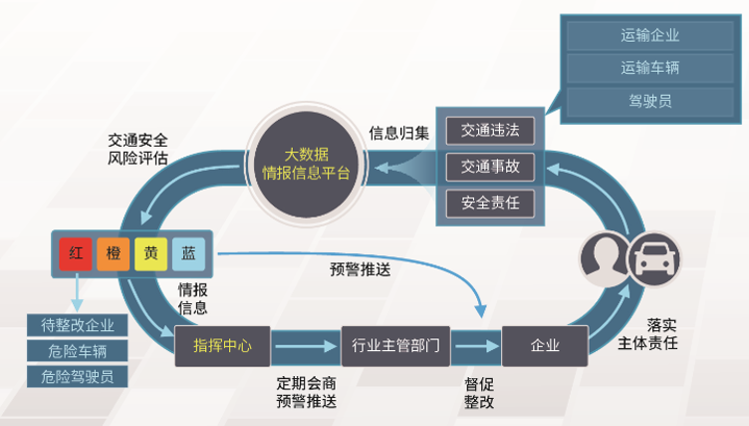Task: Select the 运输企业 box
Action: click(649, 36)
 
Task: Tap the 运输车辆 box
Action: click(649, 68)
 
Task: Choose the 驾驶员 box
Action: click(649, 100)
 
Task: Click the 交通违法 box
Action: click(490, 131)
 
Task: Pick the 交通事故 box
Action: click(490, 167)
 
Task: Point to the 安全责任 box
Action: click(490, 204)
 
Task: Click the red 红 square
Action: click(75, 253)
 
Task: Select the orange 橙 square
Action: click(113, 253)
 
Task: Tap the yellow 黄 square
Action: click(150, 253)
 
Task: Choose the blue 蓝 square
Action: click(188, 253)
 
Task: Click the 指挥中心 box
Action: click(222, 346)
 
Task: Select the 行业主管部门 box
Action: click(395, 346)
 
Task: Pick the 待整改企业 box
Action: click(78, 325)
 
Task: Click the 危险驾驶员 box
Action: click(78, 376)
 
